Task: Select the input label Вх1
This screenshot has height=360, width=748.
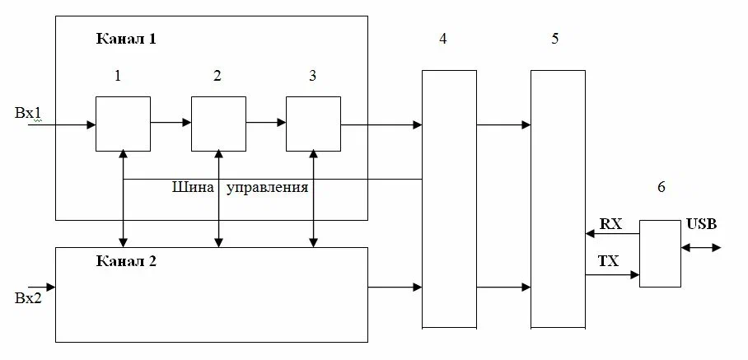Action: (27, 113)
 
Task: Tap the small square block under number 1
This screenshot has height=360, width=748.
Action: (123, 124)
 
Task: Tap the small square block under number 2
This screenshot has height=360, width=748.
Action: (218, 124)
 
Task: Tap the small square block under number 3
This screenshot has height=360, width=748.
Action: (313, 124)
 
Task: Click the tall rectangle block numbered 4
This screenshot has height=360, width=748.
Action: (449, 199)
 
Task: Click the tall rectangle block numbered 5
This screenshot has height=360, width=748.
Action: (558, 199)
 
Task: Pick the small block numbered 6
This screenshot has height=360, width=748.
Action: (661, 253)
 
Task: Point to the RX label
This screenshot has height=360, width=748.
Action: (610, 223)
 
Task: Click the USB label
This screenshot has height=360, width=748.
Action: (701, 223)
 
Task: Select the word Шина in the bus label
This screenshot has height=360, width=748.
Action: (192, 188)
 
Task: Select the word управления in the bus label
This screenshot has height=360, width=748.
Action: (267, 188)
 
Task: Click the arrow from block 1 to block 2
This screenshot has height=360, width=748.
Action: (171, 124)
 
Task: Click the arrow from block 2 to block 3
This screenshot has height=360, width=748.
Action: (266, 124)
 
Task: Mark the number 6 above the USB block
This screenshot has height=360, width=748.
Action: (661, 187)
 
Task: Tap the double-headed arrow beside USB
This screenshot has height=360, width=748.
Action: (701, 246)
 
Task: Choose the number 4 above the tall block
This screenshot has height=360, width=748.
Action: (443, 40)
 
